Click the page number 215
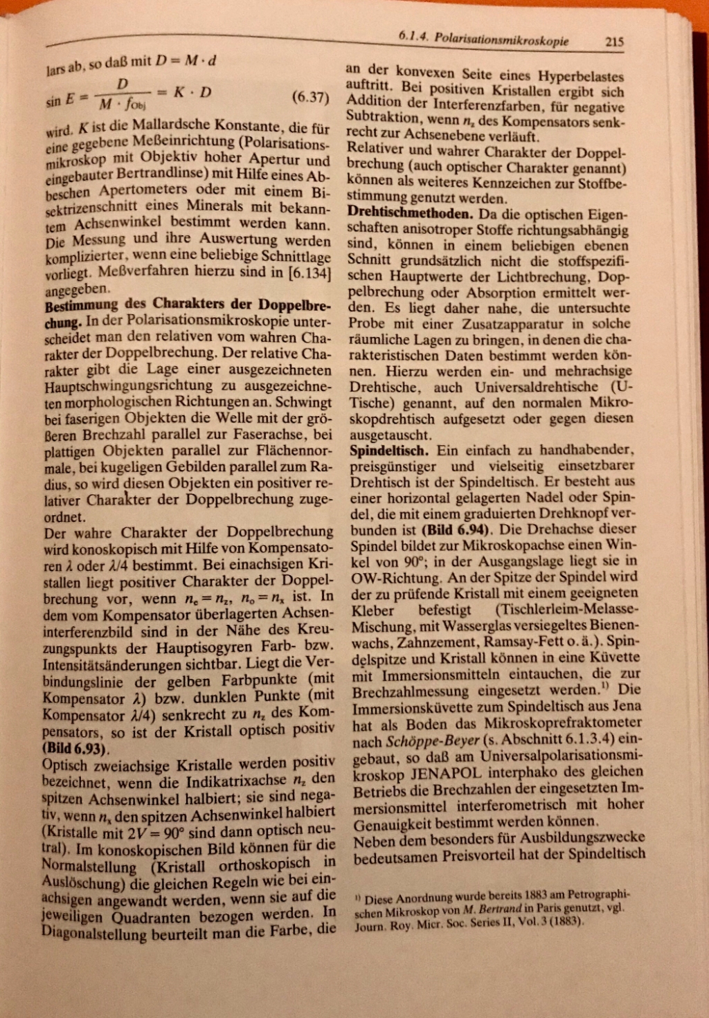pos(614,42)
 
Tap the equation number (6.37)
pos(309,97)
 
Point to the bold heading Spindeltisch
pos(388,451)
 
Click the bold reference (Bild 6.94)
pos(456,531)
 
